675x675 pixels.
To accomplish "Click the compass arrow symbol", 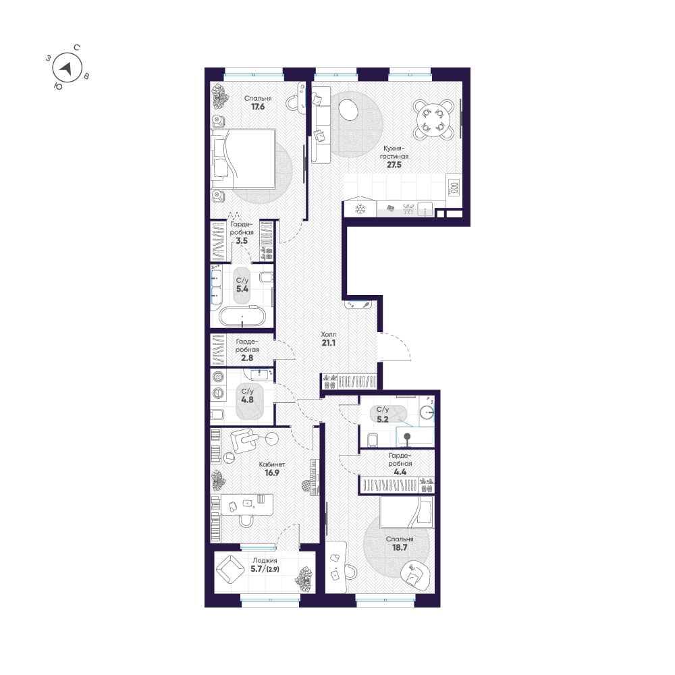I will point(66,67).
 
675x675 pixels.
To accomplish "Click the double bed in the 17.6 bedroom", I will point(244,159).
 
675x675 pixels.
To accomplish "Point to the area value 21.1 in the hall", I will point(329,343).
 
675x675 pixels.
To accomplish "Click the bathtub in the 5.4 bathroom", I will point(243,317).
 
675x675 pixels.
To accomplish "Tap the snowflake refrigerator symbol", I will point(360,209).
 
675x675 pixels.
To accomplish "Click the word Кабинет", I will point(272,464).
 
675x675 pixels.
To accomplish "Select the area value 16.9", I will point(272,473).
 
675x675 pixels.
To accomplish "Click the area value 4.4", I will point(400,472).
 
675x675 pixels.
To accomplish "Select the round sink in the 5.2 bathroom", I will point(426,409).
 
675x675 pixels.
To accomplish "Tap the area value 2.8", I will point(248,358).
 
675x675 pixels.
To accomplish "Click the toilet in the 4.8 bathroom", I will point(218,414).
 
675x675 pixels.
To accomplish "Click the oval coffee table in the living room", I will point(349,109).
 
